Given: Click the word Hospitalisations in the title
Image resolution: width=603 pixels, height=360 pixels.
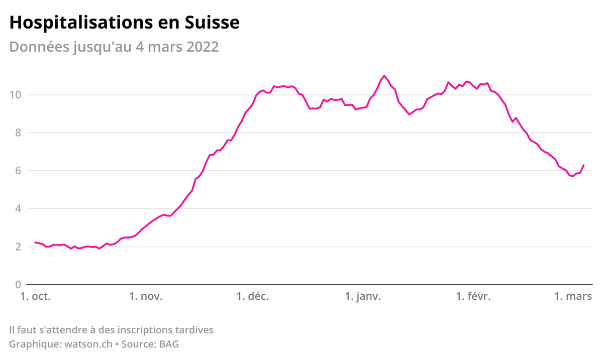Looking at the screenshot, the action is point(81,23).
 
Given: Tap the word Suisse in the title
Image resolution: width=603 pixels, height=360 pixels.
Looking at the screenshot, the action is point(212,23).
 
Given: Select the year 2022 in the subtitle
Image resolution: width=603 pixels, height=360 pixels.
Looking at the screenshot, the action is point(203,47).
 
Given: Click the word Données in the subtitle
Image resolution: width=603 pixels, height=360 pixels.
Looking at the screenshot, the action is point(40,47).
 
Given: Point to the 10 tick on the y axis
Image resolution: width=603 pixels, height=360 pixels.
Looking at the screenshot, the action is point(15,95).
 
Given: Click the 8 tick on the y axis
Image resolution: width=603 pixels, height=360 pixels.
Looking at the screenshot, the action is point(18,133).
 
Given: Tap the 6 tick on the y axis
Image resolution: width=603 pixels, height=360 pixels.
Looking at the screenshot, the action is point(18,171).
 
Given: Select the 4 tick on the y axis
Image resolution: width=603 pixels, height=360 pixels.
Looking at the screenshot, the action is point(18,209).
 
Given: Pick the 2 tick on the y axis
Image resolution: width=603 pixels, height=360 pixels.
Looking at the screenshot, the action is point(18,247).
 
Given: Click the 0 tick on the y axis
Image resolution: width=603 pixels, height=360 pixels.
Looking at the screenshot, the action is point(18,285).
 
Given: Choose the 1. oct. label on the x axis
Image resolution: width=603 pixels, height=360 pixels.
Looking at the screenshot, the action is point(36,297).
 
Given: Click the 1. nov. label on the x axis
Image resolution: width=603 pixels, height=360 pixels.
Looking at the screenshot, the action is point(146,297).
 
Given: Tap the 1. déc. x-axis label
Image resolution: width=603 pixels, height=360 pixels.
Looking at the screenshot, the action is point(253,297).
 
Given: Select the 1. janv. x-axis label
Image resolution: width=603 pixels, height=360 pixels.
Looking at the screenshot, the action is point(363,297).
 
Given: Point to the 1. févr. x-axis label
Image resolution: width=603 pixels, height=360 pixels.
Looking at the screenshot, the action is point(473,297).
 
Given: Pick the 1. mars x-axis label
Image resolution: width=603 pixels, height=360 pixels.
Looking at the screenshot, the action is point(573,297).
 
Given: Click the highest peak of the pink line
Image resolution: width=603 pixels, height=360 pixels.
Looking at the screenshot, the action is point(384,76).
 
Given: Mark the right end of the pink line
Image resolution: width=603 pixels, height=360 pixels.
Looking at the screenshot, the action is point(583,165).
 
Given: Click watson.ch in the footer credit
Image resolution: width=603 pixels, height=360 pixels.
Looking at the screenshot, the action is point(88,344).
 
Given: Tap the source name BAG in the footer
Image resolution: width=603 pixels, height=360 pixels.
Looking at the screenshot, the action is point(169,344).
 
